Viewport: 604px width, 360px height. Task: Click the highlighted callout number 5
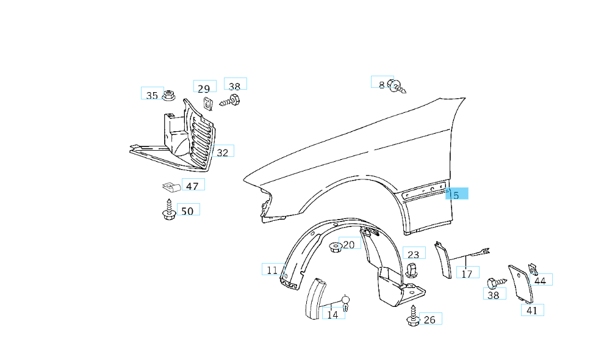pos(456,195)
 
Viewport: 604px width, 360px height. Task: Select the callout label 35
pos(152,95)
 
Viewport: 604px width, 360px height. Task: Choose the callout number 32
pos(223,153)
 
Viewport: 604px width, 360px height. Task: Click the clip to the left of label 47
pos(170,185)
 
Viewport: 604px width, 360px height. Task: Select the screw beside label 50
pos(168,209)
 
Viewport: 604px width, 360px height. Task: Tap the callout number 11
pos(272,270)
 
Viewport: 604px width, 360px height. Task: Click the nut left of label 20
pos(334,247)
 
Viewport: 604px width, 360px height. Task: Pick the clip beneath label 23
pos(412,270)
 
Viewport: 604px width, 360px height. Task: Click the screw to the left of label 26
pos(412,317)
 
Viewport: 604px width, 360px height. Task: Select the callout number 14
pos(333,315)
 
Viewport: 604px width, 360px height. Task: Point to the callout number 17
pos(467,274)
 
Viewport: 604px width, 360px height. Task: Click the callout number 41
pos(532,310)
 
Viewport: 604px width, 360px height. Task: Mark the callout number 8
pos(382,84)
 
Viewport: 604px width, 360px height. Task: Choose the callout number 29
pos(204,88)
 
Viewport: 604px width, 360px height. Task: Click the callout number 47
pos(192,186)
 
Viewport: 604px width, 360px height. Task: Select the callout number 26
pos(430,320)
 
